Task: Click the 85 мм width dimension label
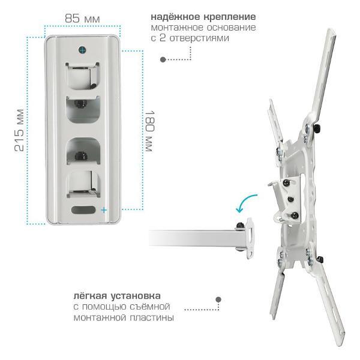tap(82, 19)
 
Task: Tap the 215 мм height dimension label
tap(19, 130)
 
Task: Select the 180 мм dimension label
tap(149, 131)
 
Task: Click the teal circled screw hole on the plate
tap(82, 50)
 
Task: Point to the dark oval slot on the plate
tap(83, 209)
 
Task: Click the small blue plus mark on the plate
tap(104, 210)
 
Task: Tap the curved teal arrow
tap(245, 203)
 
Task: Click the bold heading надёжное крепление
tap(203, 17)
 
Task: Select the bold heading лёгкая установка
tap(117, 296)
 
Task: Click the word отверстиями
tap(199, 38)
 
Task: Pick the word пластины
tap(152, 318)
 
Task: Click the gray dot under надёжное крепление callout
tap(163, 59)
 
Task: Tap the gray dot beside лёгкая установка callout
tap(218, 299)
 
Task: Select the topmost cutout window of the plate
tap(83, 76)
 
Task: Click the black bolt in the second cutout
tap(80, 104)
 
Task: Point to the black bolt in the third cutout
tap(81, 155)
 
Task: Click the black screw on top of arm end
tap(240, 226)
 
